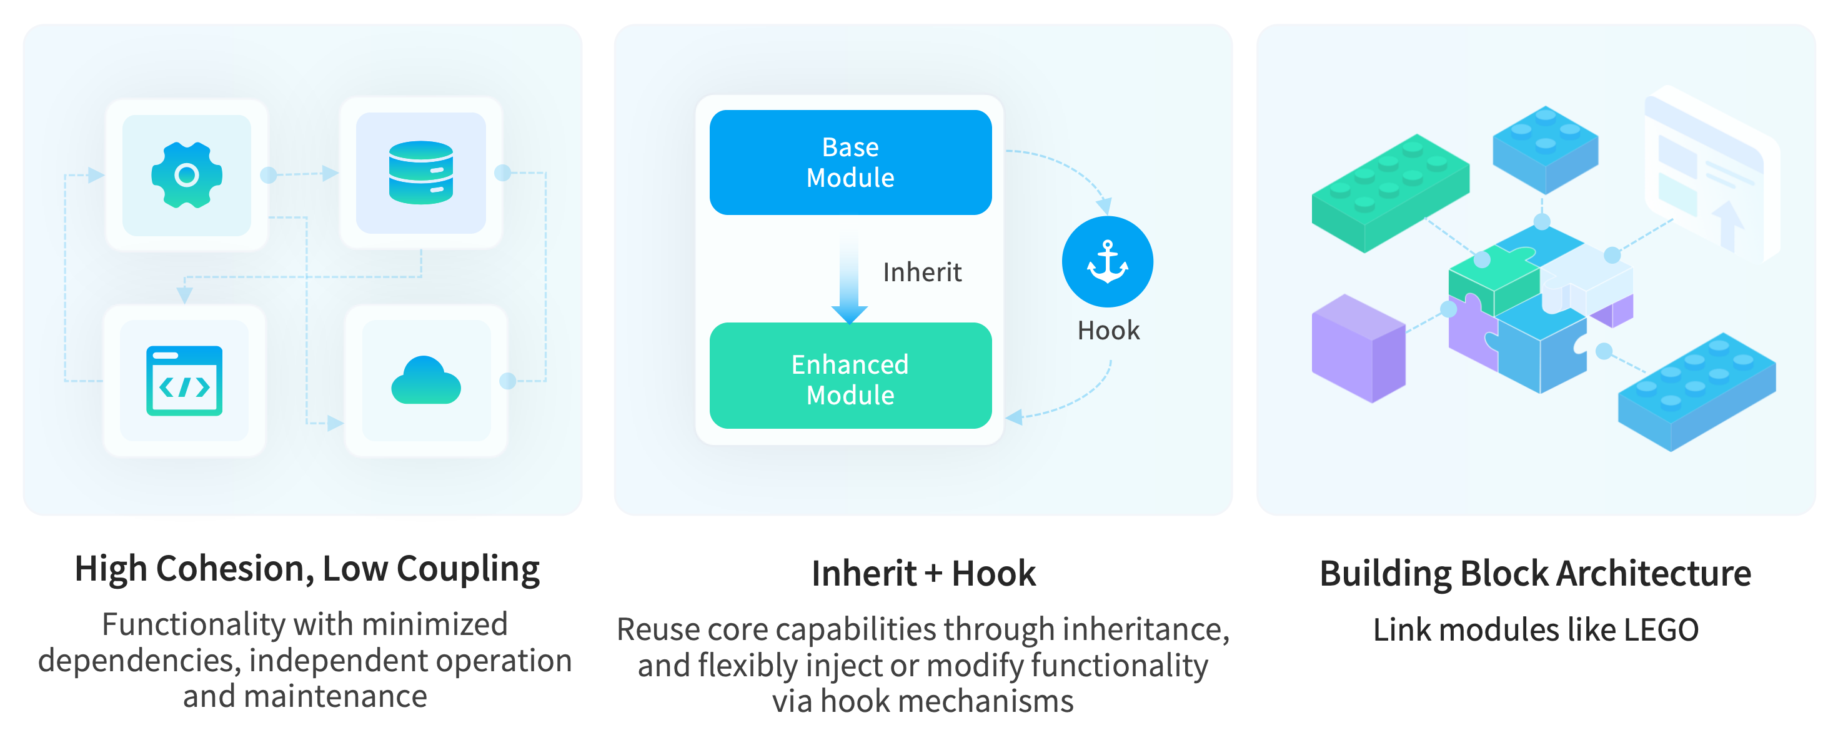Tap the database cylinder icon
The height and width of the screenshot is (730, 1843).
click(x=420, y=172)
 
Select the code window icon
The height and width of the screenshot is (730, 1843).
click(x=184, y=380)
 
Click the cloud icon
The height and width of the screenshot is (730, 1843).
click(x=425, y=381)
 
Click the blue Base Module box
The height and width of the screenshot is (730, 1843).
click(x=850, y=162)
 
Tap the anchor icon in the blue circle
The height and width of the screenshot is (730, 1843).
click(x=1107, y=261)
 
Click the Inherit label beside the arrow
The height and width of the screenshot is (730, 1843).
click(x=921, y=272)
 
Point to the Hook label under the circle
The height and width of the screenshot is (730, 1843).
click(x=1108, y=331)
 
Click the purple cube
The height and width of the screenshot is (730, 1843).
click(x=1357, y=349)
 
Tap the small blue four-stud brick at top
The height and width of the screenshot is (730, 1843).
click(x=1546, y=149)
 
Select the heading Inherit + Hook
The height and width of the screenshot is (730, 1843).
click(x=923, y=574)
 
